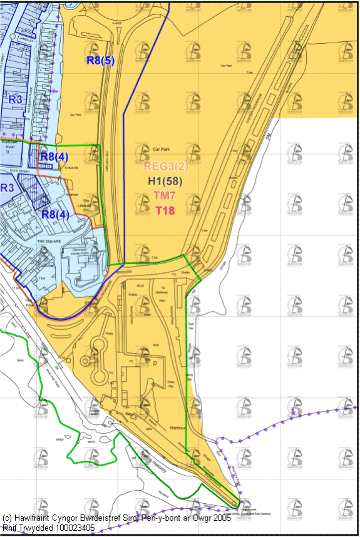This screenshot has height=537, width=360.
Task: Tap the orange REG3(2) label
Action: click(165, 166)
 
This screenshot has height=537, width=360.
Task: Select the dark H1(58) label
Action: click(165, 181)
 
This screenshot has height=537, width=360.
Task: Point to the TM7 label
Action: click(165, 195)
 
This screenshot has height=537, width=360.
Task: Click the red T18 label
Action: click(165, 210)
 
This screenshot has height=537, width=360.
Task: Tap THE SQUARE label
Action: click(48, 240)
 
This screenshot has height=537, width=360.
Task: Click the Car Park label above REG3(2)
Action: click(162, 150)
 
